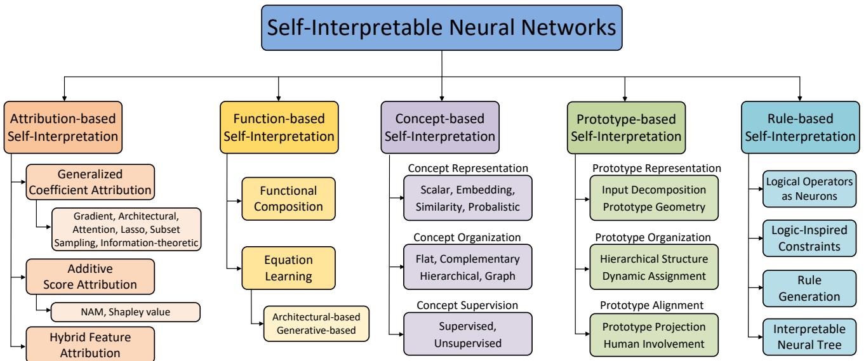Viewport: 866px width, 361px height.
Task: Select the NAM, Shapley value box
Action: [x=125, y=312]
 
